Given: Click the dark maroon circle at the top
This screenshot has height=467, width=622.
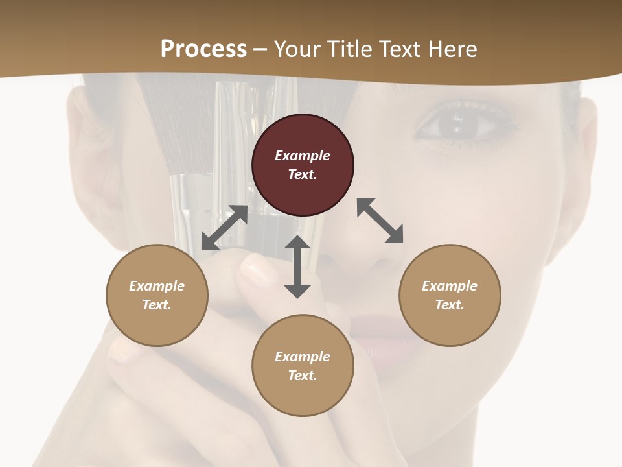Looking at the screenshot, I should tap(303, 165).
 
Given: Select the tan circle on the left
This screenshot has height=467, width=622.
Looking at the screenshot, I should tap(157, 295).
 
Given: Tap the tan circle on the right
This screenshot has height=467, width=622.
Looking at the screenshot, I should tap(450, 295).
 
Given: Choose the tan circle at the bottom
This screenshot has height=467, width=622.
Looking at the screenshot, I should tap(303, 366).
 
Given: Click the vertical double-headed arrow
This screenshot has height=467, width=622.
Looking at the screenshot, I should tap(297, 267).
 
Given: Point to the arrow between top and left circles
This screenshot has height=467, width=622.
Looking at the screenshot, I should tap(224, 228).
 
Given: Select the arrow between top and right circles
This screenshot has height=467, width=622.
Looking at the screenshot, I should tap(380, 221).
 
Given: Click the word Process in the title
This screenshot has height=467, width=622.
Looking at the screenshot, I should tap(203, 49).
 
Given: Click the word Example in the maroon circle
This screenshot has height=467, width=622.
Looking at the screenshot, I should tap(303, 156).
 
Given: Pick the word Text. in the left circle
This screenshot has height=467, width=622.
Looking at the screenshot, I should tap(157, 305).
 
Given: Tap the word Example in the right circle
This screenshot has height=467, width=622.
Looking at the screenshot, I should tap(450, 286).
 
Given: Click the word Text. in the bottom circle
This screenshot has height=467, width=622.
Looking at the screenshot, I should tap(303, 376).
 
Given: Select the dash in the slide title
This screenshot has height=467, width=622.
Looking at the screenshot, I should tap(260, 49).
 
